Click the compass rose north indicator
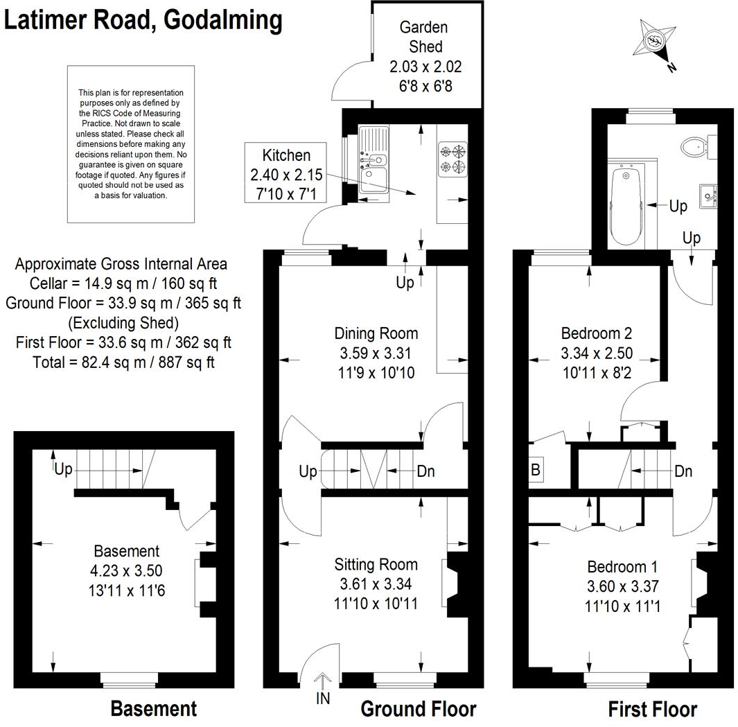[655, 42]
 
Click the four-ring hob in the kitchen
[452, 157]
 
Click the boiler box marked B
[536, 469]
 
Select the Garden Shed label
[424, 37]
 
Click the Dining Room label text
[376, 333]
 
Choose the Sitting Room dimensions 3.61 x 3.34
[376, 584]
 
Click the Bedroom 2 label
[597, 333]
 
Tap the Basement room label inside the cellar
[126, 552]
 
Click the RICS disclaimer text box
[131, 144]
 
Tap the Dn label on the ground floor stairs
[425, 471]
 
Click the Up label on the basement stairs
[63, 470]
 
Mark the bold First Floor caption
[652, 709]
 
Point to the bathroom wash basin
[706, 195]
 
